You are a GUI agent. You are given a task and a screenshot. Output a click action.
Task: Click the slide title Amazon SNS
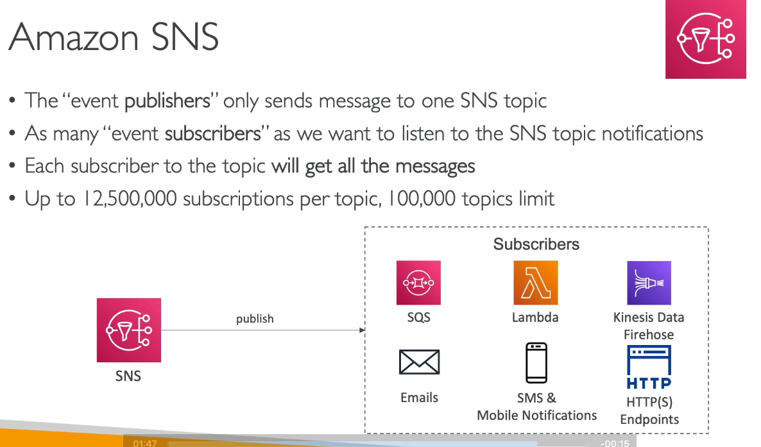click(x=114, y=37)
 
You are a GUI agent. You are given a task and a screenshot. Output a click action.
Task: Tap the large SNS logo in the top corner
click(x=706, y=39)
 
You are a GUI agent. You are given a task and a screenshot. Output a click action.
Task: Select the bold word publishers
click(x=167, y=101)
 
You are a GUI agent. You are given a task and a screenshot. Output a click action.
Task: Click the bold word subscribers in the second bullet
click(x=212, y=133)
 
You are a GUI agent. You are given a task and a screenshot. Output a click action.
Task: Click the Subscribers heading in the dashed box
click(x=536, y=244)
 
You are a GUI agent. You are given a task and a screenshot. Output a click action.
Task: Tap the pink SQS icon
click(x=418, y=282)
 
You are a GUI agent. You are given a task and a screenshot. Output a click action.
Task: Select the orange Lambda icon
click(x=536, y=282)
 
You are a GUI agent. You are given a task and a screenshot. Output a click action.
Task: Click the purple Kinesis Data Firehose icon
click(x=649, y=283)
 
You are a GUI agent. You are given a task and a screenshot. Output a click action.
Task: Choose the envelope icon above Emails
click(x=420, y=362)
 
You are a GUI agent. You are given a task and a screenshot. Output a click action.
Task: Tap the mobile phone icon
click(x=536, y=363)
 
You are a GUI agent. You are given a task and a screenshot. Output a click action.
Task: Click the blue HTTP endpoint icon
click(x=649, y=367)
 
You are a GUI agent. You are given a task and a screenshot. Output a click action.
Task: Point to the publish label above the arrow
click(x=255, y=319)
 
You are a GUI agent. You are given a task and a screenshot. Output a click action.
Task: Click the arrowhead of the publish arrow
click(x=362, y=330)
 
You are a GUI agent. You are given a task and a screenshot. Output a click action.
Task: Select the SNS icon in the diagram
click(x=128, y=330)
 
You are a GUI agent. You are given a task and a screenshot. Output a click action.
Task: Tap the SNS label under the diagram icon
click(x=128, y=376)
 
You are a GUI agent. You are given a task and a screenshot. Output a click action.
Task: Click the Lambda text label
click(x=535, y=317)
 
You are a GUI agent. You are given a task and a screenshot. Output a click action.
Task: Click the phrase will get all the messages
click(x=373, y=167)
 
